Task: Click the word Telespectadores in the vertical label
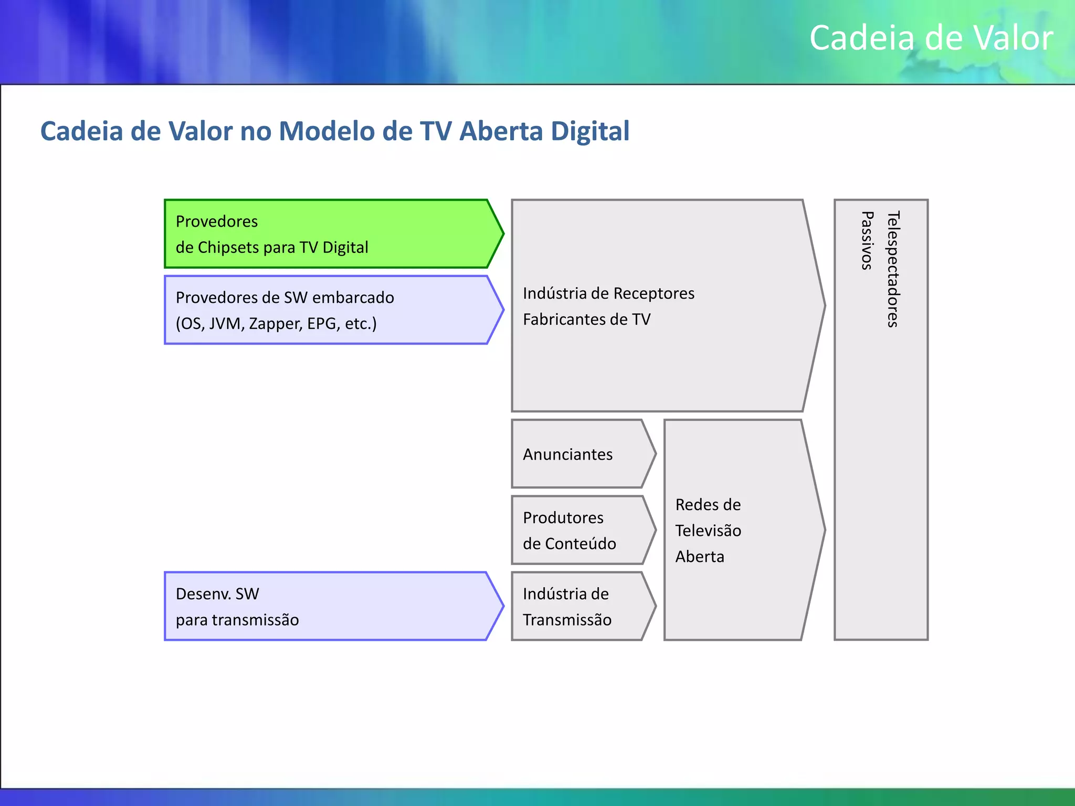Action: click(x=893, y=269)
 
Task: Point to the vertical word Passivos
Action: click(x=867, y=240)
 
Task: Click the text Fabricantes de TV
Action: click(x=586, y=319)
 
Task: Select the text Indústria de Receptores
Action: click(x=608, y=293)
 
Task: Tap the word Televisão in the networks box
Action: click(x=708, y=531)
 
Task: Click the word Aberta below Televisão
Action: click(x=700, y=556)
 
